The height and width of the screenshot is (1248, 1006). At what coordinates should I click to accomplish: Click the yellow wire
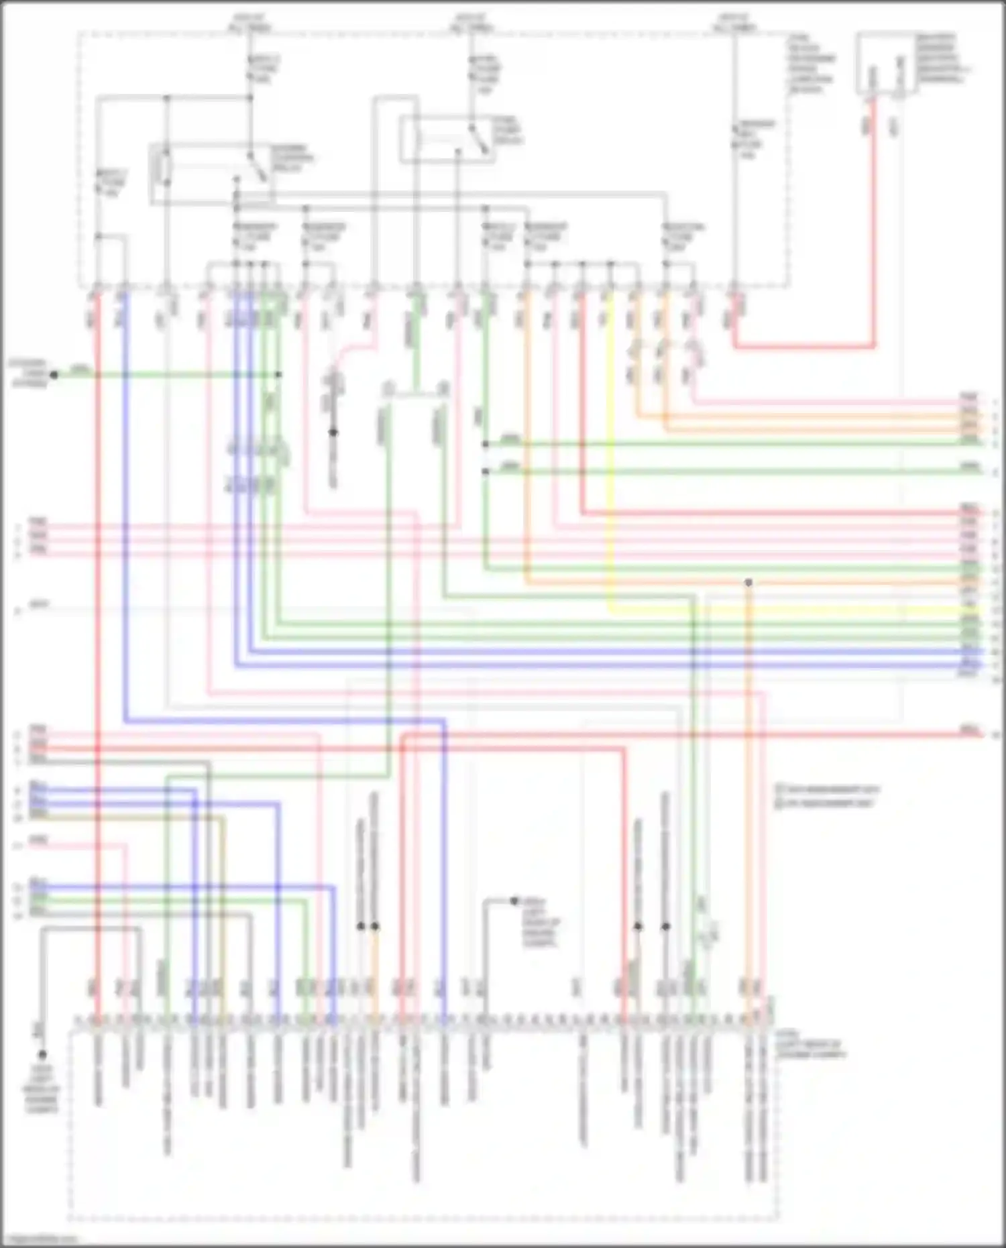610,469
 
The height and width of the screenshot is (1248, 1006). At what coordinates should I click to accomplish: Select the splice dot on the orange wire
748,583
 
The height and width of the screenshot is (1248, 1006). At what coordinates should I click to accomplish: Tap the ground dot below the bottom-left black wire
42,1054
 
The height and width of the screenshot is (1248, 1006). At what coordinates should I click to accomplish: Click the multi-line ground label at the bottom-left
42,1090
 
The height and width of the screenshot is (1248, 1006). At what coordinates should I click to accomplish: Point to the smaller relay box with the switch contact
447,139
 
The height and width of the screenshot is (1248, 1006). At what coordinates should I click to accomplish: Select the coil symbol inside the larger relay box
163,168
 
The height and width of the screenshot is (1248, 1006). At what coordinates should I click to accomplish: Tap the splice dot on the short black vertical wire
333,433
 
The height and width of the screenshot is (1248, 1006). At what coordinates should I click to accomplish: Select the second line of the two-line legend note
825,802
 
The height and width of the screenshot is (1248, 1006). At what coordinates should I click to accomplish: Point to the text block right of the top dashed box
812,64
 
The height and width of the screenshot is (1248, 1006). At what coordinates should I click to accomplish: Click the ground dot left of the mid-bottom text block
514,901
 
